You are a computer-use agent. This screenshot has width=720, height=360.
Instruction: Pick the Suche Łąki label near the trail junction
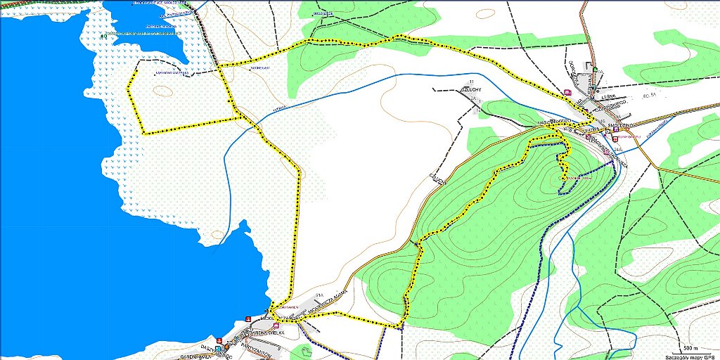coord(261,67)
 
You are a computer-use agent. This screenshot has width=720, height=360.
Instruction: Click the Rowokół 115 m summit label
coord(575,177)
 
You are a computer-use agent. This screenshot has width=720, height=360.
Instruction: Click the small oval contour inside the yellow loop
coord(163,91)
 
